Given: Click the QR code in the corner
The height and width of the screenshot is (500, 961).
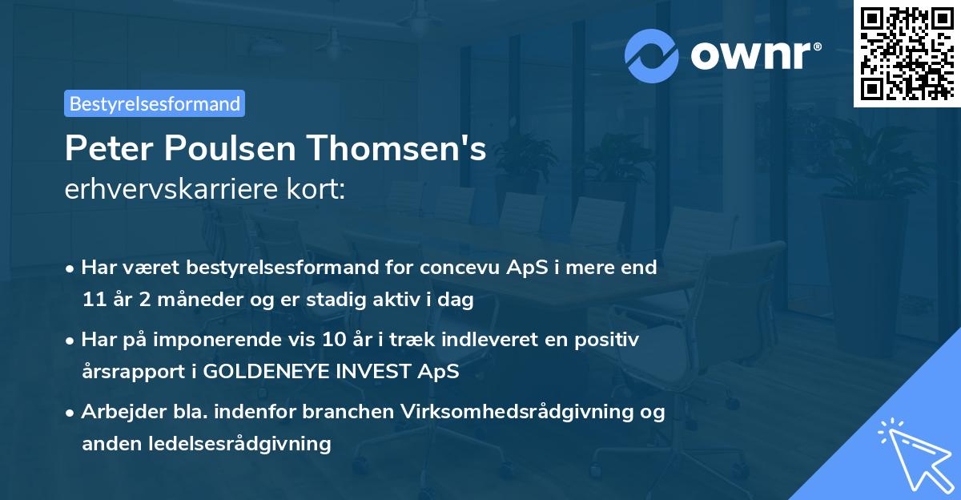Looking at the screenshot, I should pos(907,54).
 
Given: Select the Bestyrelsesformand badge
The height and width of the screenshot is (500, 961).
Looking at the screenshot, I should pos(155,103).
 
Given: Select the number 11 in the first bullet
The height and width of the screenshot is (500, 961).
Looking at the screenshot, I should pos(92,300).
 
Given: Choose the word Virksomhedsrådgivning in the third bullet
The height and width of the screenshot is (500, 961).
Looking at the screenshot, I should pos(526,412).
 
